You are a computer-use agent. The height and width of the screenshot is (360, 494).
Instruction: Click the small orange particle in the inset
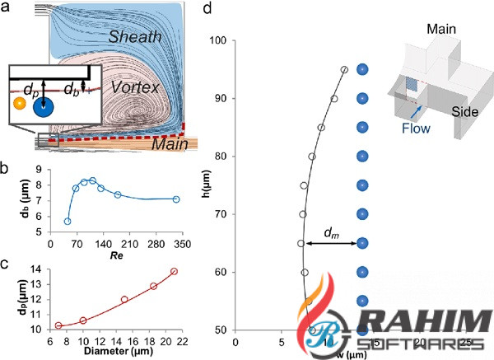coord(19,102)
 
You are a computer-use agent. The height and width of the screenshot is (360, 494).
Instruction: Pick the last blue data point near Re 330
coord(175,199)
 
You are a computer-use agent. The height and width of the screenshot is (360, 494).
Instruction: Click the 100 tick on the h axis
coord(221,40)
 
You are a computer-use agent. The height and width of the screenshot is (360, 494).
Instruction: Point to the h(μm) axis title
coord(204,186)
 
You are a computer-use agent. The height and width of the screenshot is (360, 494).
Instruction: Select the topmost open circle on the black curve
coord(344,69)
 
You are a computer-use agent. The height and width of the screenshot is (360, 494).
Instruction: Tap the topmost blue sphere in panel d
coord(362,69)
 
